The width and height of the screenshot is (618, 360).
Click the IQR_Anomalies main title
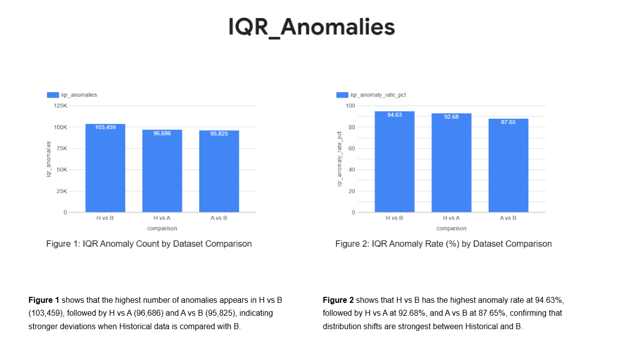pyautogui.click(x=311, y=27)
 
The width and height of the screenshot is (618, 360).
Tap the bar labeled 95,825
pyautogui.click(x=219, y=171)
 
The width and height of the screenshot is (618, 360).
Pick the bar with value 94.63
pyautogui.click(x=394, y=162)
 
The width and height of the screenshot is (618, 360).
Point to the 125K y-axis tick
pyautogui.click(x=60, y=106)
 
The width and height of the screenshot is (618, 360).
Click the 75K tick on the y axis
pyautogui.click(x=62, y=149)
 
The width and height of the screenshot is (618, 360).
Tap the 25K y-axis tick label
pyautogui.click(x=62, y=191)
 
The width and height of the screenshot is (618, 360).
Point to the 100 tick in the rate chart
pyautogui.click(x=350, y=106)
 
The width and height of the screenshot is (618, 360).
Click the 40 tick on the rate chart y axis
pyautogui.click(x=352, y=170)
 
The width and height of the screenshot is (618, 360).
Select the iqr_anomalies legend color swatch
pyautogui.click(x=52, y=95)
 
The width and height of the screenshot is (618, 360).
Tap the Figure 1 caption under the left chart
pyautogui.click(x=149, y=244)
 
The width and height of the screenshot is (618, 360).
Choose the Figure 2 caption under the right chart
pyautogui.click(x=443, y=244)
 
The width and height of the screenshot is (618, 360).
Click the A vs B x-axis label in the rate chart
pyautogui.click(x=508, y=218)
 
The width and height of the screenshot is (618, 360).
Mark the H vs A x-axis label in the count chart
pyautogui.click(x=162, y=218)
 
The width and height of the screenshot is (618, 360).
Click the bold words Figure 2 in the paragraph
pyautogui.click(x=338, y=300)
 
